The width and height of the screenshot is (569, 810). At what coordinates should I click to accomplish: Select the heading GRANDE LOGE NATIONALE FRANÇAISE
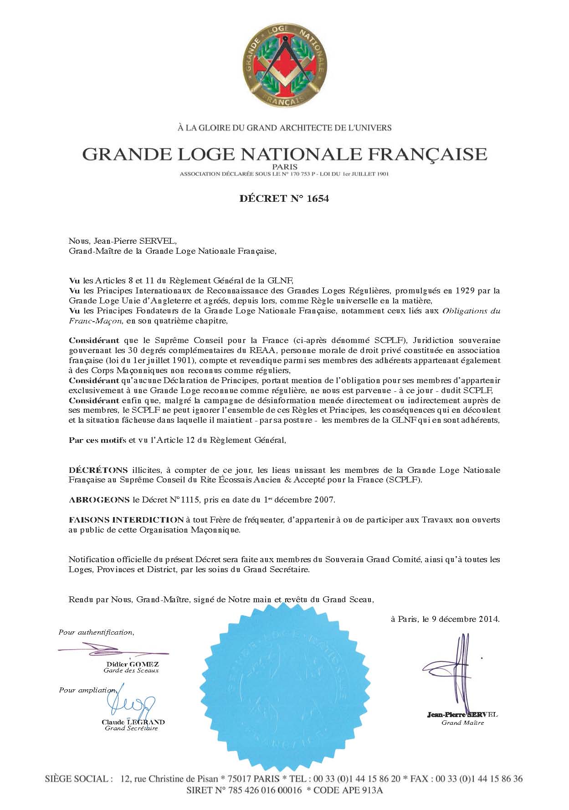point(284,154)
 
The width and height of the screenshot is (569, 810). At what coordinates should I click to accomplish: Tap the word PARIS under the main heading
point(284,167)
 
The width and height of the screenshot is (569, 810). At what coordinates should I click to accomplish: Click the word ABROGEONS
point(99,500)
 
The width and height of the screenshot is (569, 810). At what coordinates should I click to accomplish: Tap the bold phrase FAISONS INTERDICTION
point(126,519)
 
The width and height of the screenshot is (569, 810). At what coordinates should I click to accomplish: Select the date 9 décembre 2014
point(465,619)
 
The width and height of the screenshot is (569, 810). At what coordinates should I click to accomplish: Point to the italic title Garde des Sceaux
point(131,670)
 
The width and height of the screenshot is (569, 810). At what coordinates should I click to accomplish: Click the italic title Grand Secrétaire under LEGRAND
point(131,728)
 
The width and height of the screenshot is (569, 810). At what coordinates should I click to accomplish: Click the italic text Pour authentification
point(96,632)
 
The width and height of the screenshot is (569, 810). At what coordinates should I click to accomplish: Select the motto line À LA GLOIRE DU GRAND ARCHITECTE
point(284,128)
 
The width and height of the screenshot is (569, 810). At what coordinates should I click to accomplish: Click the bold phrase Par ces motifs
point(97,440)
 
